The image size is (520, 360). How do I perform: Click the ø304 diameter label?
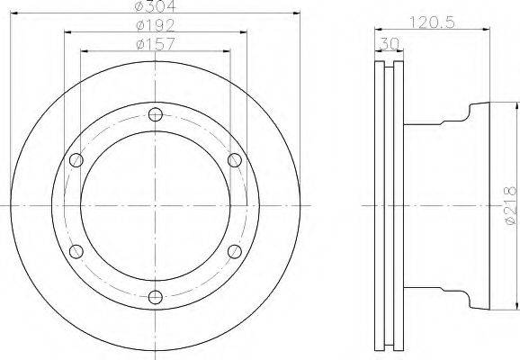(x=156, y=5)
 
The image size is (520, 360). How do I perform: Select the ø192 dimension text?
(x=156, y=25)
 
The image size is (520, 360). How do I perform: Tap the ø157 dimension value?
(x=156, y=44)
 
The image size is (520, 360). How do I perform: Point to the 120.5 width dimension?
(x=432, y=22)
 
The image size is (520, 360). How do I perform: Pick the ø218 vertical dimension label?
(x=511, y=206)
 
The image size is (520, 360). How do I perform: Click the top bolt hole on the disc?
(x=156, y=114)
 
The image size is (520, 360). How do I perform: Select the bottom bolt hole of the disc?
(x=156, y=297)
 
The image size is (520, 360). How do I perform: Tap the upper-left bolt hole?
(x=76, y=160)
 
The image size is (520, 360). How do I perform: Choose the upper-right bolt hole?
(x=235, y=160)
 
